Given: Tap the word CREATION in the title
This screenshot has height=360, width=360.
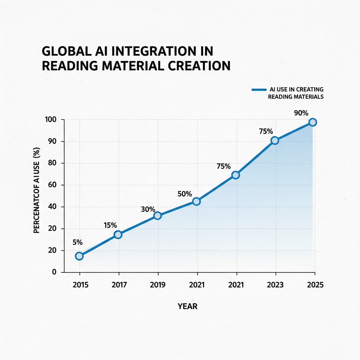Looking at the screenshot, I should tap(195, 66).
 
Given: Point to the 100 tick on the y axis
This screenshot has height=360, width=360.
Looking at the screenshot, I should tap(51, 120).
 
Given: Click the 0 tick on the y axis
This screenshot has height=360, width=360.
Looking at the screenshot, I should tap(54, 272).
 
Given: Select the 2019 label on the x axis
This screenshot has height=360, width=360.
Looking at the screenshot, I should tap(158, 285).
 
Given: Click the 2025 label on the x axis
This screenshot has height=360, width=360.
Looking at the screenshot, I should tap(315, 285).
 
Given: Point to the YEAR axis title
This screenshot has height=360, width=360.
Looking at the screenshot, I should tap(187, 306).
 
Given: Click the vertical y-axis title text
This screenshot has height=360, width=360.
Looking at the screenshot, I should tap(36, 195).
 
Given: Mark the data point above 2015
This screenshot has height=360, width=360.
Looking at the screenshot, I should tap(79, 256).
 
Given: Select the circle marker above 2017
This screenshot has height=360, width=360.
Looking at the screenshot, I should tap(118, 234).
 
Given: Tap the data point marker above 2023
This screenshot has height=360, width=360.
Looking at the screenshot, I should tap(275, 140).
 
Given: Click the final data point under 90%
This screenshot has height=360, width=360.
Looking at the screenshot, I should tap(313, 122).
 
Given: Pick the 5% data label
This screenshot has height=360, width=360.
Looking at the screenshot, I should tap(78, 242).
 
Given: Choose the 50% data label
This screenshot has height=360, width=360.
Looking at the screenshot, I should tap(184, 194).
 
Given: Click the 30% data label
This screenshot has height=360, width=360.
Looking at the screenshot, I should tap(148, 209).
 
